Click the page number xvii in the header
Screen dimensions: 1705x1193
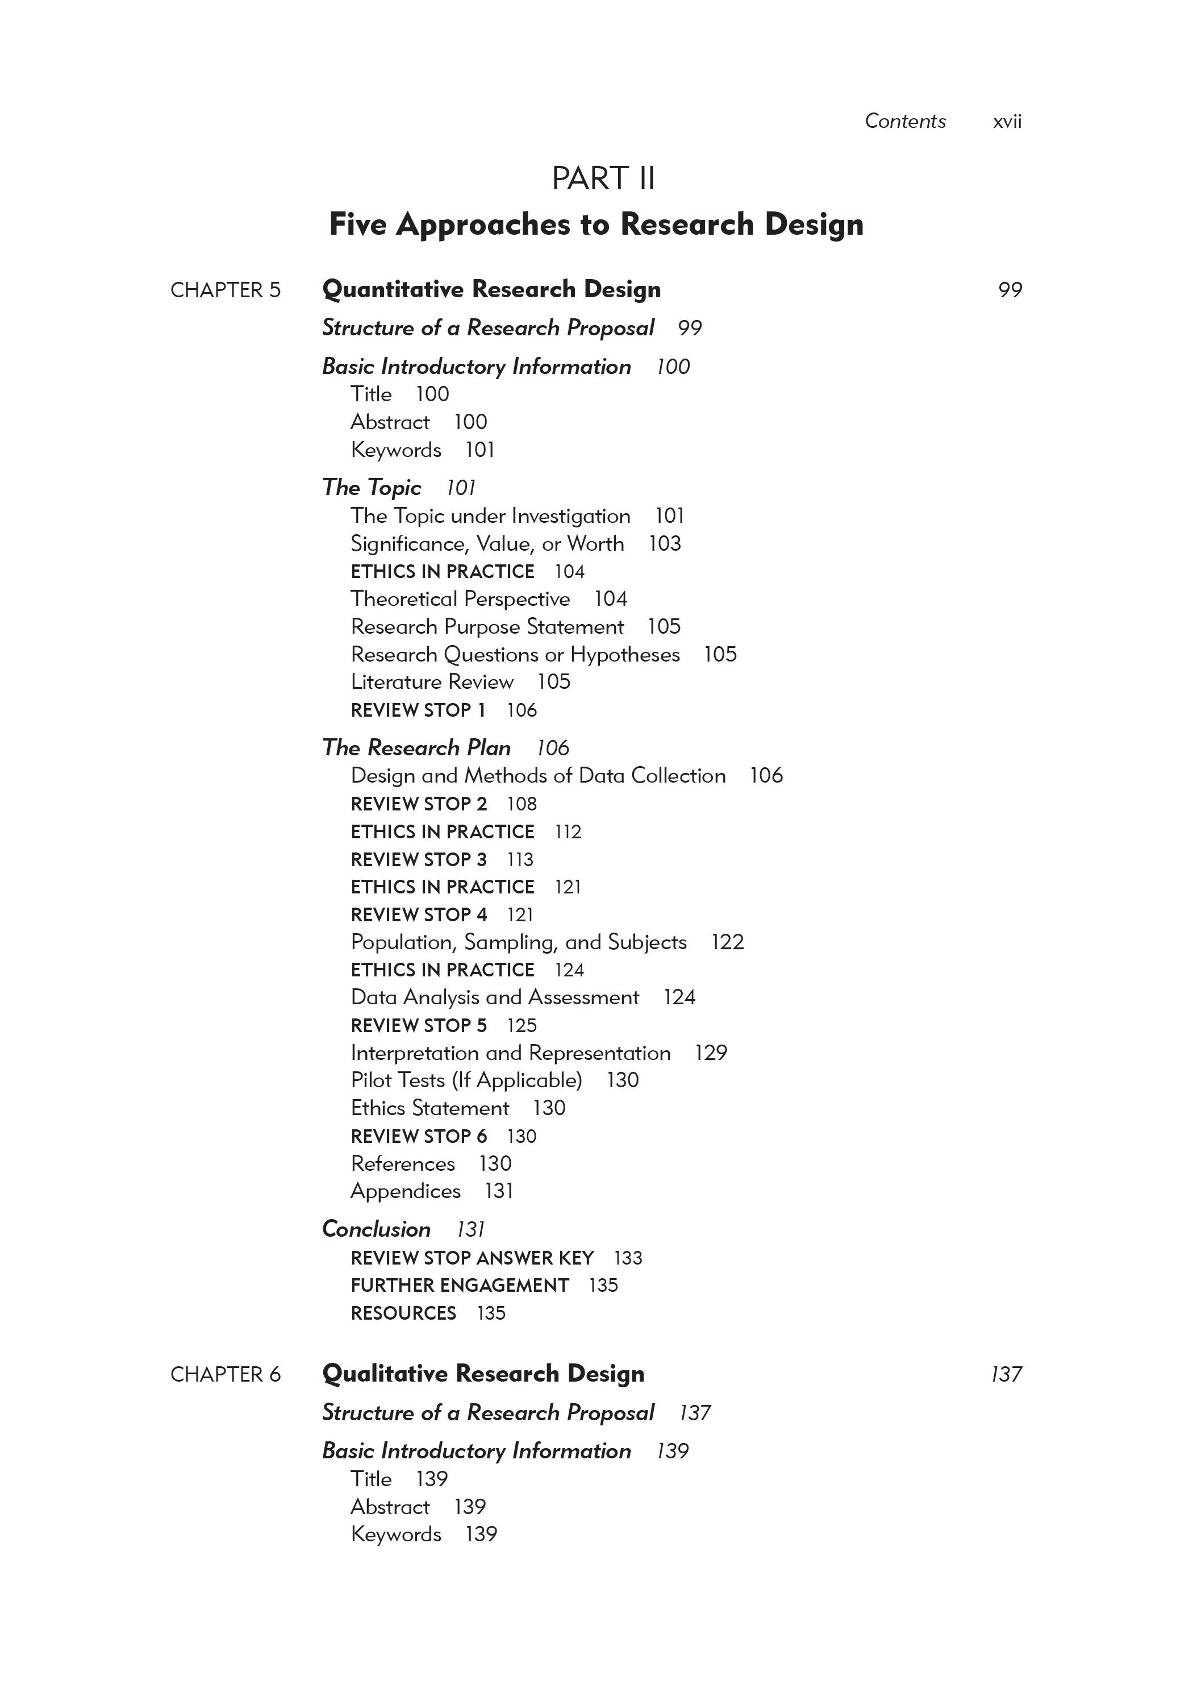point(1007,122)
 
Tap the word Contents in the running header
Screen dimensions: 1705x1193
point(905,121)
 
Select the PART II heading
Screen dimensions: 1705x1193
point(603,179)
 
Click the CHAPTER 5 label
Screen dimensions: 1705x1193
point(226,290)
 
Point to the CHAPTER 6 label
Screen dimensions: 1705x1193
point(226,1375)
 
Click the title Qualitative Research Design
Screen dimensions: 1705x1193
point(483,1373)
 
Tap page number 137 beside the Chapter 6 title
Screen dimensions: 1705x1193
point(1006,1375)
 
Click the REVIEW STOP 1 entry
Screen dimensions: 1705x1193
point(418,710)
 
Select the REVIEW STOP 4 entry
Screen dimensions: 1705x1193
point(419,915)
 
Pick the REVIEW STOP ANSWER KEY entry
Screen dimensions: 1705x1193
point(472,1258)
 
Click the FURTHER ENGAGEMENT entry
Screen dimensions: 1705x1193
point(460,1286)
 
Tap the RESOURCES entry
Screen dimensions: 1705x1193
point(403,1313)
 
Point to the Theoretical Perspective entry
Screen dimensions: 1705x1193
point(460,598)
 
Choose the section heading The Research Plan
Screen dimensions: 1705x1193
point(416,748)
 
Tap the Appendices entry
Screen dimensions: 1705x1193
point(406,1191)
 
